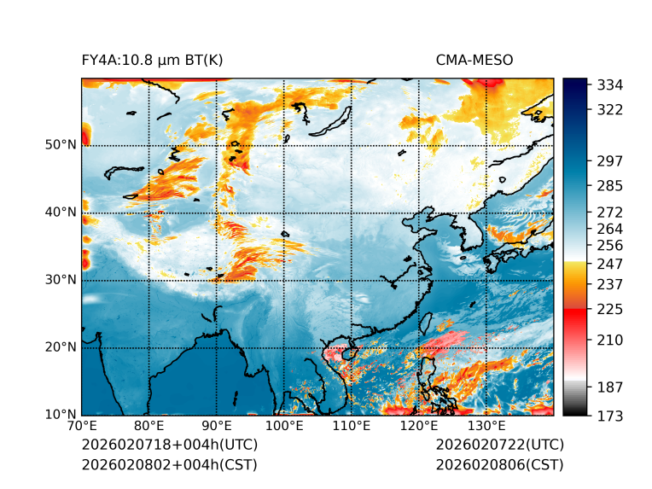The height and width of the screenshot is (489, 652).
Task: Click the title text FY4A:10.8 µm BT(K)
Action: pos(153,60)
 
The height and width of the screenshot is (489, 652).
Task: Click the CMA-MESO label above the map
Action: pos(474,60)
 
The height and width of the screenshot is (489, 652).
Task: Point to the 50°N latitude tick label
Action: pos(61,145)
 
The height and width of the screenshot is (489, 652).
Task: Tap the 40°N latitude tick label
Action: pos(61,212)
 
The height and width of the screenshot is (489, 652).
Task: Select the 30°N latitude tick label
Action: pos(61,280)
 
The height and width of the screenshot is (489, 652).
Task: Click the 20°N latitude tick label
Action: pos(61,347)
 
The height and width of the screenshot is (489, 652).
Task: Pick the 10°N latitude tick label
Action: pos(61,415)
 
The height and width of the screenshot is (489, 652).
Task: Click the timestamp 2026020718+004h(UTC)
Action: pos(169,445)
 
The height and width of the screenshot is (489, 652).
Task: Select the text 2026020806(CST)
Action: pos(499,465)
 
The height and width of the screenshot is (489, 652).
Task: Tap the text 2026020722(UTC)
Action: pos(499,445)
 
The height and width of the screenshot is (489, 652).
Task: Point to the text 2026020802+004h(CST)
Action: pos(169,465)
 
